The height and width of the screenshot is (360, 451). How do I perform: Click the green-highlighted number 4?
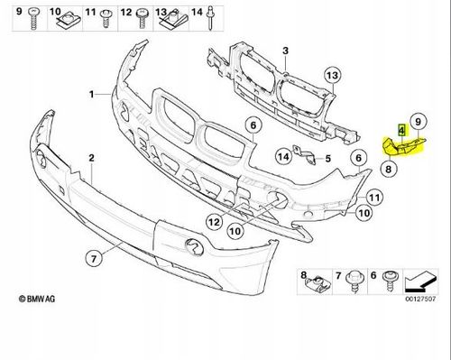pos(401,130)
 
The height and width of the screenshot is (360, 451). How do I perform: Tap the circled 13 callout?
pos(333,75)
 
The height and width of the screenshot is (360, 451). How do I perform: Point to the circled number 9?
pos(418,122)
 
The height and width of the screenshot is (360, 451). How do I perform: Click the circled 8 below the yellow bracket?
pos(389,169)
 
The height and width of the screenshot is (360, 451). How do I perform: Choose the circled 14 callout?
pos(283,157)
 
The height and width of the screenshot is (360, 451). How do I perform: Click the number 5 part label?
pos(327,158)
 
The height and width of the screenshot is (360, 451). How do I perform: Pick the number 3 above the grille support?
pos(285,51)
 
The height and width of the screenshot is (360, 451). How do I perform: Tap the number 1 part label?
pos(92,95)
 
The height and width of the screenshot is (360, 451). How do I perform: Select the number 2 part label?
pos(91,158)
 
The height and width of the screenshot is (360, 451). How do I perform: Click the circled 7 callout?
pos(94,259)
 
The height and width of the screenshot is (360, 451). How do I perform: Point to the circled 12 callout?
pos(215,222)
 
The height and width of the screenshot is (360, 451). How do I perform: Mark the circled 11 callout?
pos(374,198)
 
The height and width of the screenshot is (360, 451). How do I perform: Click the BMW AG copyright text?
pos(37,299)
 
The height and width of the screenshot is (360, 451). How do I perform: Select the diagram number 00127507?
pos(420,299)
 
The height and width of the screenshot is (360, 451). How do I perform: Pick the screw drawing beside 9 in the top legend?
pos(33,19)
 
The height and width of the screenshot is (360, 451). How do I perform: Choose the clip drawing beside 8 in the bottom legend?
pos(319,284)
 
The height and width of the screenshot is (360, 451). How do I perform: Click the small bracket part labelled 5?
pos(304,155)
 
